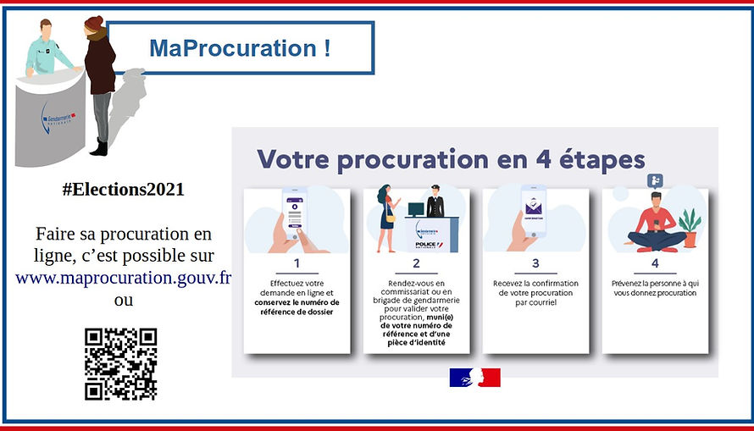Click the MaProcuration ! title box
(x=240, y=48)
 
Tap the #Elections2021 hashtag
(x=123, y=190)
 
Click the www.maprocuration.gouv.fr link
(x=124, y=277)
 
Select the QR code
(x=121, y=364)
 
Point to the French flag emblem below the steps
(x=474, y=378)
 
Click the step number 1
(x=297, y=263)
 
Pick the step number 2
(x=416, y=263)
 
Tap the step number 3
(x=535, y=263)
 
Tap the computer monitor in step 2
(x=416, y=208)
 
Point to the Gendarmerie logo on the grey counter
(x=58, y=119)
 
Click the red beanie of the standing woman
(x=93, y=24)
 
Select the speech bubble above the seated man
(x=654, y=180)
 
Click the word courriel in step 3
(x=535, y=302)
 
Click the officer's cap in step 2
(x=436, y=189)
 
